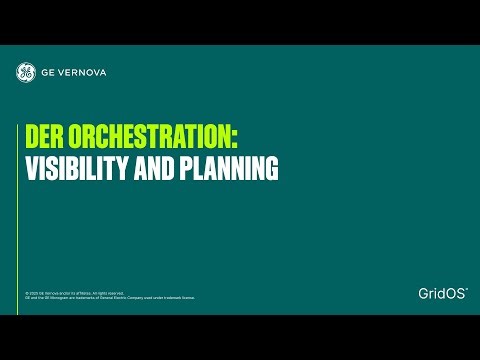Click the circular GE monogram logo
click(x=26, y=72)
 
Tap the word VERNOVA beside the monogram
click(x=86, y=72)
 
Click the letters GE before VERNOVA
click(x=50, y=72)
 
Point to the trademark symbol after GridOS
click(x=467, y=288)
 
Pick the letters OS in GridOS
click(x=455, y=293)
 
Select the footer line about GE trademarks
click(x=110, y=298)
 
